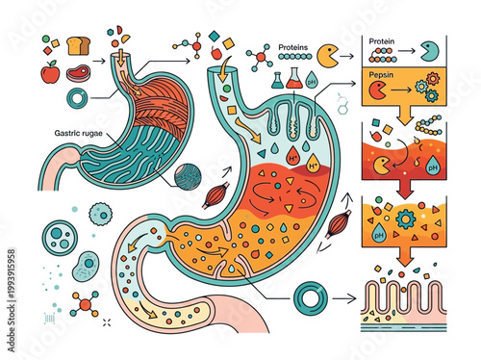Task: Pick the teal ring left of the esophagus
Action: coord(75,98)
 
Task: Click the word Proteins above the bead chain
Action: coord(294,46)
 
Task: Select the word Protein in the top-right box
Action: coord(382,41)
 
